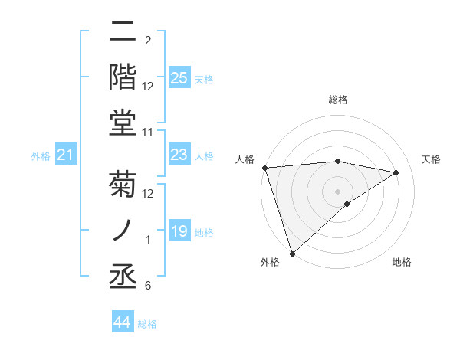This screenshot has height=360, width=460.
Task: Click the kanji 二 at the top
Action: pos(124,32)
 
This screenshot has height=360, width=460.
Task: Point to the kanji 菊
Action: pos(124,185)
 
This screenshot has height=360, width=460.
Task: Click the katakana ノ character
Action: pos(124,229)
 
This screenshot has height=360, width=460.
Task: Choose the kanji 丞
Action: pos(124,273)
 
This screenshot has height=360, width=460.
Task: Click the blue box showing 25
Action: pos(179,77)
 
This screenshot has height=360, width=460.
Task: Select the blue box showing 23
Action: pos(179,155)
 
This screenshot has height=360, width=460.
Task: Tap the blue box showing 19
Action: pos(179,232)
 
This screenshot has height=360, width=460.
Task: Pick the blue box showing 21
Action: pos(66,155)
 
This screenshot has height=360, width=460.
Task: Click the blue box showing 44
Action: pos(123,322)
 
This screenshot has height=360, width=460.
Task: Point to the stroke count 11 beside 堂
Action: pos(148,133)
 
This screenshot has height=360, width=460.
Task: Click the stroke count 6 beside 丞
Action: pos(147,286)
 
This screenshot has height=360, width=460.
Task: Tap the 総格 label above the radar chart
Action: pos(338,100)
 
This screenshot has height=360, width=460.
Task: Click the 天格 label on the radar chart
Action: pos(431,159)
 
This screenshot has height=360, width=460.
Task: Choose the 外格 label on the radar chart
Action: pos(269,263)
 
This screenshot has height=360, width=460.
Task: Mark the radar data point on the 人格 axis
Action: pos(264,168)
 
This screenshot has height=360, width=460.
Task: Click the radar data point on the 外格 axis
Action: pos(293,254)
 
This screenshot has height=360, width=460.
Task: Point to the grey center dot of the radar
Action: pos(338,191)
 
